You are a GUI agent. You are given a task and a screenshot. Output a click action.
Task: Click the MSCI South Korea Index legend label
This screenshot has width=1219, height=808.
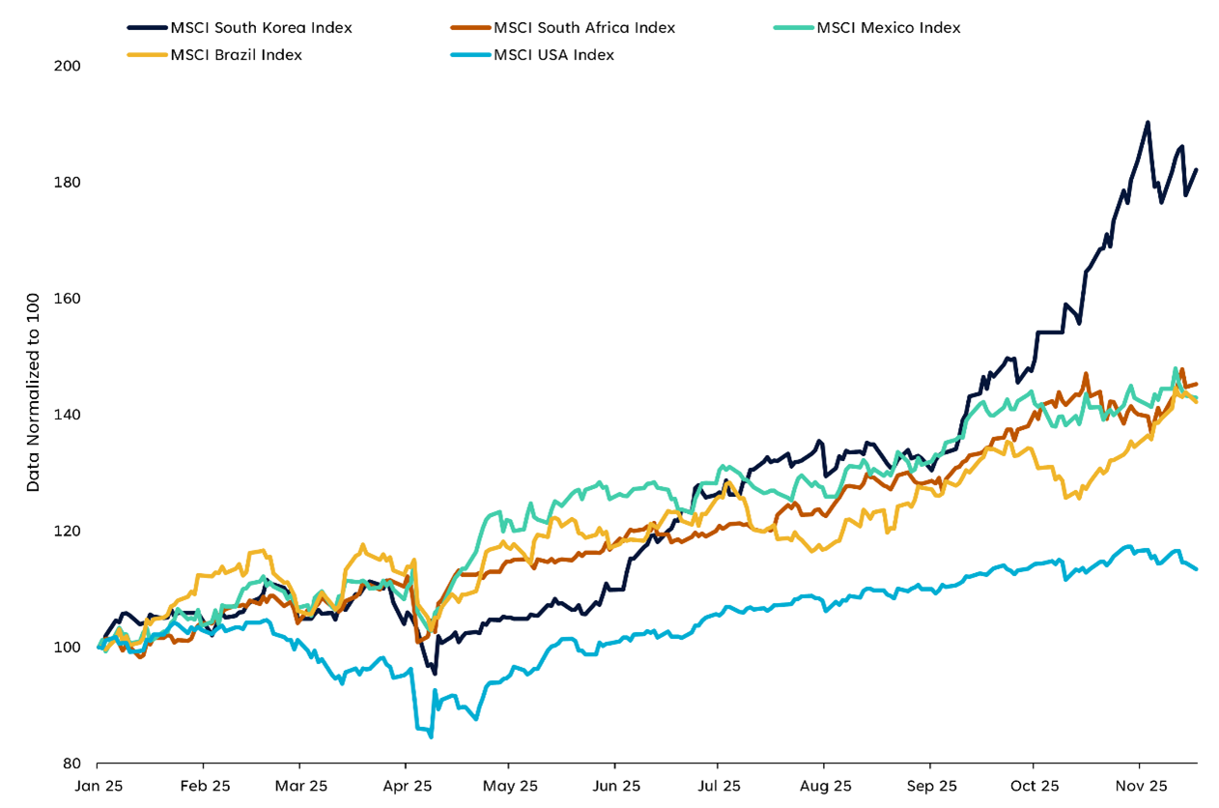click(261, 27)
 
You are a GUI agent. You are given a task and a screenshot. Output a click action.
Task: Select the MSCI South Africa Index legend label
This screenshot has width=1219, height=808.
click(584, 27)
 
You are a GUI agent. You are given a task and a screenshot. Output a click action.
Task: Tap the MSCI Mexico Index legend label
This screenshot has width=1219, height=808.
click(889, 27)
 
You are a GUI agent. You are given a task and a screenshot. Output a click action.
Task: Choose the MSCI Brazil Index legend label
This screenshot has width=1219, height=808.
click(236, 54)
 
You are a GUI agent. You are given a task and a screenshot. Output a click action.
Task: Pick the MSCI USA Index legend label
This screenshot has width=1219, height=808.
click(553, 54)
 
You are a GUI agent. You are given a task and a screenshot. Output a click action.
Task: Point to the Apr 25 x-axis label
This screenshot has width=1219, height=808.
click(406, 786)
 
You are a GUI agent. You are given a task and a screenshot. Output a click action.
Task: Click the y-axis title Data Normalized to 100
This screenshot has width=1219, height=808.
click(33, 391)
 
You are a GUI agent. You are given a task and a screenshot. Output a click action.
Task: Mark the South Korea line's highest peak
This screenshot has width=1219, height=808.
click(1148, 123)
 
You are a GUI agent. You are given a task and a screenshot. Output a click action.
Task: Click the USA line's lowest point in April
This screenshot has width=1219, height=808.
click(431, 737)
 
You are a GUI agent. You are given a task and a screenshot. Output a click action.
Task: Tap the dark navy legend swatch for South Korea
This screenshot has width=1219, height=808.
click(146, 27)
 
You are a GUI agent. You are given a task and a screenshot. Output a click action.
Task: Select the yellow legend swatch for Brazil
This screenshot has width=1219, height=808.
click(146, 54)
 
